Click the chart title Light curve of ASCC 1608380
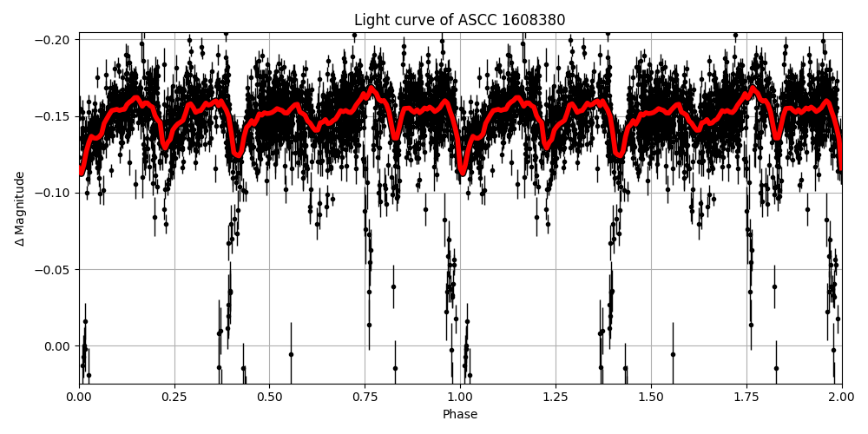point(459,20)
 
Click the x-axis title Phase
point(460,415)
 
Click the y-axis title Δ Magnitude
point(20,208)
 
